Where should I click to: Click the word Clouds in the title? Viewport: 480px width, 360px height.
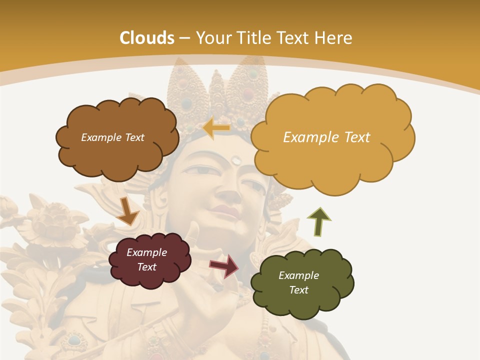coord(147,38)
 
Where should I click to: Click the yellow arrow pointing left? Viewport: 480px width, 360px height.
coord(216,128)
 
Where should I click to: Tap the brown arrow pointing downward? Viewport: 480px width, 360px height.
coord(128,210)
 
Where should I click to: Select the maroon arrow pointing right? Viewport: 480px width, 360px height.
coord(224,265)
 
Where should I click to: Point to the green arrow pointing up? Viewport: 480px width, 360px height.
coord(319,221)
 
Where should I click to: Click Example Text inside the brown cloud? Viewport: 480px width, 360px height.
coord(112,137)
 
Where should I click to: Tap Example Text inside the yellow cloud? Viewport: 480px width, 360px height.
coord(326,137)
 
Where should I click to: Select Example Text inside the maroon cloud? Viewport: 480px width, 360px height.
coord(147,259)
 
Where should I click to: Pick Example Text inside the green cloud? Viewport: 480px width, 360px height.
coord(298,282)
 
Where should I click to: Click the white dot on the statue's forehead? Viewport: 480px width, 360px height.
coord(236,160)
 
